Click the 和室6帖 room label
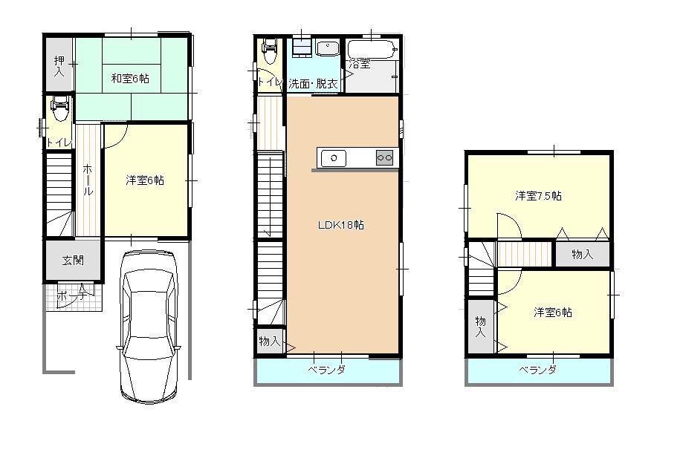[x=131, y=78]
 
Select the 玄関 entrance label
[x=72, y=261]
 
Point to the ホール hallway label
[x=88, y=180]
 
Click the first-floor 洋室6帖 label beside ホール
[x=145, y=180]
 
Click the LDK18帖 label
[x=343, y=224]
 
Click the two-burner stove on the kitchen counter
[x=384, y=157]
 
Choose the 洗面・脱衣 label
[x=313, y=84]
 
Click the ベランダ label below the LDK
[x=327, y=370]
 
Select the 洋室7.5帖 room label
[x=538, y=196]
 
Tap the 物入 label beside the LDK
[x=269, y=342]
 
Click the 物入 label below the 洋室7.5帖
[x=583, y=255]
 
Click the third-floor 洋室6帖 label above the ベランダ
[x=553, y=313]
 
